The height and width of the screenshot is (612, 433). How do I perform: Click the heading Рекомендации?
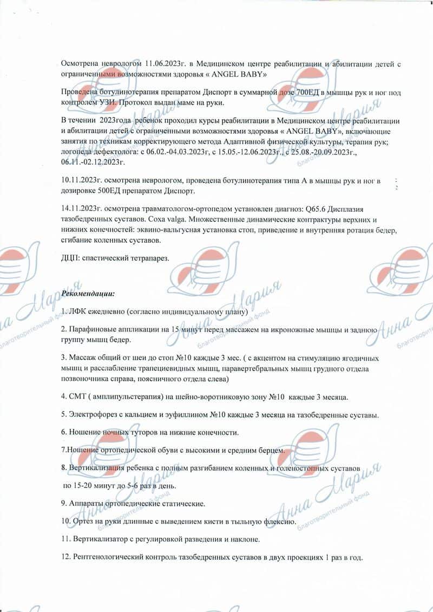click(88, 294)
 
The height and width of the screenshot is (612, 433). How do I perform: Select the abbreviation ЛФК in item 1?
click(78, 312)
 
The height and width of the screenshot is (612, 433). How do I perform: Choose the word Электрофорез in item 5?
click(93, 415)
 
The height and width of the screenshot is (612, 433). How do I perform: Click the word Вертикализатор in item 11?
click(99, 539)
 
